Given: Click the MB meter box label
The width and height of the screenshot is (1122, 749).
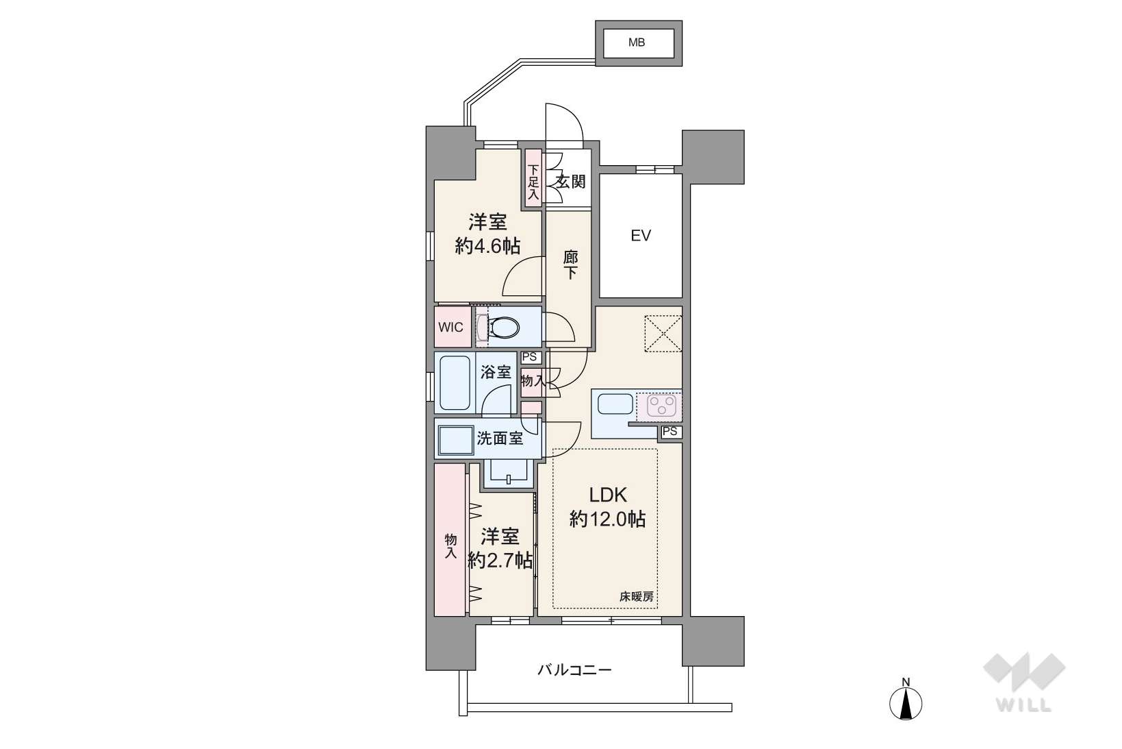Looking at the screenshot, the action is pos(637,42).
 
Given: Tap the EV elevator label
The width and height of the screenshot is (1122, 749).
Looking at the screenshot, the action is pos(641,236).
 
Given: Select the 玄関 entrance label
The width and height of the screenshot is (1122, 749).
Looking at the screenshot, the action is pos(570,182).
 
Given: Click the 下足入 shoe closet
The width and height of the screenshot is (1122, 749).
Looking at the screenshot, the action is pos(533,179).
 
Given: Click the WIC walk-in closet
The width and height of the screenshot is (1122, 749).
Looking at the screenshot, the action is pos(452,328).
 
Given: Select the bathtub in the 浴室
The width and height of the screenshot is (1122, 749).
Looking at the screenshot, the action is pos(455,384).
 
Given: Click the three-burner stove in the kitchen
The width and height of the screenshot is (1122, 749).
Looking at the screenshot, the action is pos(661,406).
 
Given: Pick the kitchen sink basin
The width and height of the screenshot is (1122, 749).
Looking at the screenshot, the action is pos(615,404).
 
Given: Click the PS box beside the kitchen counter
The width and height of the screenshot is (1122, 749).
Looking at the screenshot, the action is pos(670,432).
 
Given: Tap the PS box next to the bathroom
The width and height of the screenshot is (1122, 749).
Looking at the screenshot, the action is pos(529,358).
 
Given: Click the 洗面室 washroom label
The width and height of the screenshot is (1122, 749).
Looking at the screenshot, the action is pos(500,438).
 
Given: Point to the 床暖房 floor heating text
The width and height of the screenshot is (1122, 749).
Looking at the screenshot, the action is pos(636,597).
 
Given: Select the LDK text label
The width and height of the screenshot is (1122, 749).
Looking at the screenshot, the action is pos(608,495).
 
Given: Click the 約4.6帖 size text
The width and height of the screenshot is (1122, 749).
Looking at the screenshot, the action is pos(487,245).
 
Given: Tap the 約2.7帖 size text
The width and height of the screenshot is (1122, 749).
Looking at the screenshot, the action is pos(500,561).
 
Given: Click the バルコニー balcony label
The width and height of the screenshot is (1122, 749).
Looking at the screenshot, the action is pos(574,670).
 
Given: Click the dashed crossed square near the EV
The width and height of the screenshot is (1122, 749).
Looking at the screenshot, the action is pos(663,334).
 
